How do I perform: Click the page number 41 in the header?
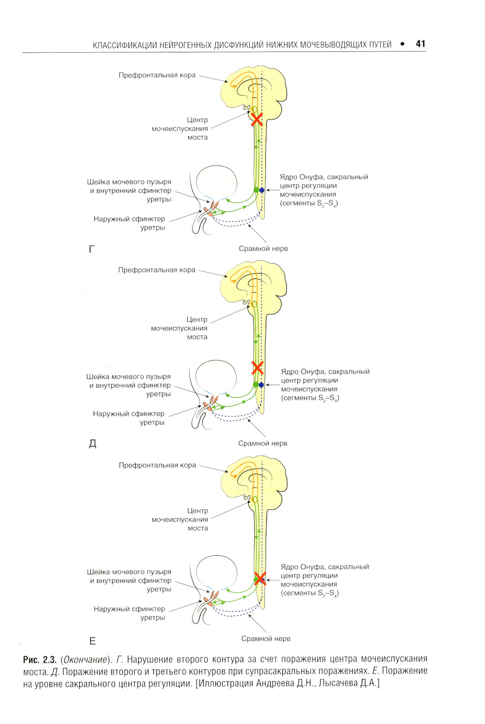pyautogui.click(x=420, y=44)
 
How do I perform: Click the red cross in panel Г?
pyautogui.click(x=257, y=119)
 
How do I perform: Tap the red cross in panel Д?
pyautogui.click(x=258, y=367)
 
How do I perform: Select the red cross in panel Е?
pyautogui.click(x=260, y=578)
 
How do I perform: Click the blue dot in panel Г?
pyautogui.click(x=262, y=190)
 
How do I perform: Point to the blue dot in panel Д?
pyautogui.click(x=261, y=385)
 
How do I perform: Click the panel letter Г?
pyautogui.click(x=92, y=249)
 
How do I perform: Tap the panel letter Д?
pyautogui.click(x=93, y=444)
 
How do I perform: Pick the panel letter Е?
pyautogui.click(x=93, y=641)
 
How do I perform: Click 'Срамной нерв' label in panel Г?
pyautogui.click(x=263, y=248)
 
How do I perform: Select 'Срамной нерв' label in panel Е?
pyautogui.click(x=266, y=639)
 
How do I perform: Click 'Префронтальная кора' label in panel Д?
pyautogui.click(x=157, y=270)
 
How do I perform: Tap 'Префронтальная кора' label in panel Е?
pyautogui.click(x=157, y=465)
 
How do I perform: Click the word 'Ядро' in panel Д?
pyautogui.click(x=290, y=372)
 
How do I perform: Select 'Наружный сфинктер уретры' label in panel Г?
pyautogui.click(x=129, y=223)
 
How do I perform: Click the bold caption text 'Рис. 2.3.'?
pyautogui.click(x=40, y=659)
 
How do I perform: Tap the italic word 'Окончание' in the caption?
pyautogui.click(x=85, y=659)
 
